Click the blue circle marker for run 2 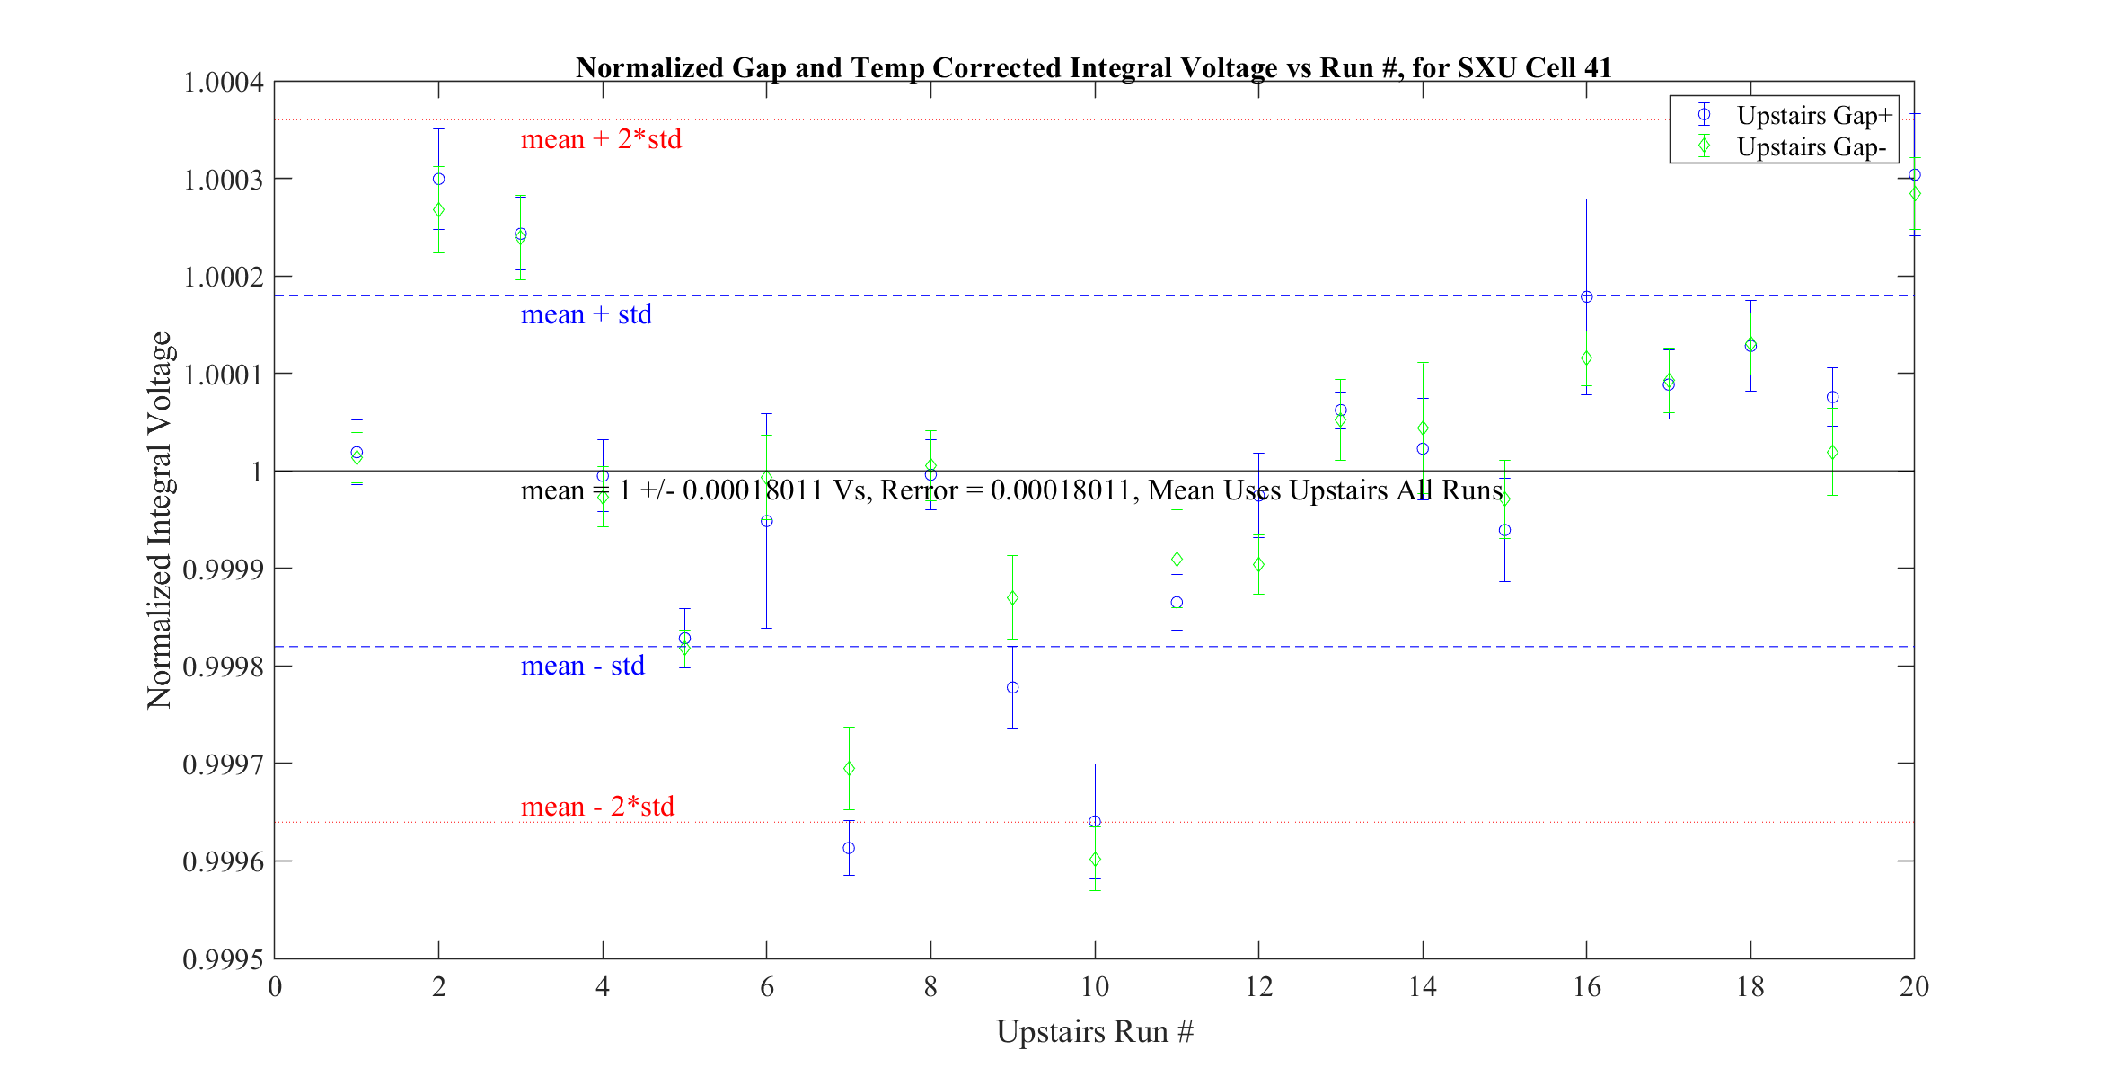(438, 179)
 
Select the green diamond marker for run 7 (849, 769)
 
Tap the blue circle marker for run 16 (1587, 297)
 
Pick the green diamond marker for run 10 (1095, 860)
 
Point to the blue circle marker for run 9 (1013, 688)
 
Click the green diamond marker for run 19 (1833, 453)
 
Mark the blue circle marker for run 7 (849, 848)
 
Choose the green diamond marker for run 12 (1259, 565)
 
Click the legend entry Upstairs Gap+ (1814, 116)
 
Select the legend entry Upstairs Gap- (1811, 147)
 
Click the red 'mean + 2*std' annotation (601, 139)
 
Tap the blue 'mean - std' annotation (583, 666)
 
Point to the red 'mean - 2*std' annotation (597, 807)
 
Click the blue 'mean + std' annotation (586, 314)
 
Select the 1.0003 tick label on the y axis (224, 180)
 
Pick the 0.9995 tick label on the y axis (224, 959)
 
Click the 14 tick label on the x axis (1423, 987)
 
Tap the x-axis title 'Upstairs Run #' (1095, 1031)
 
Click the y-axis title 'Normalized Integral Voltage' (160, 520)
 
